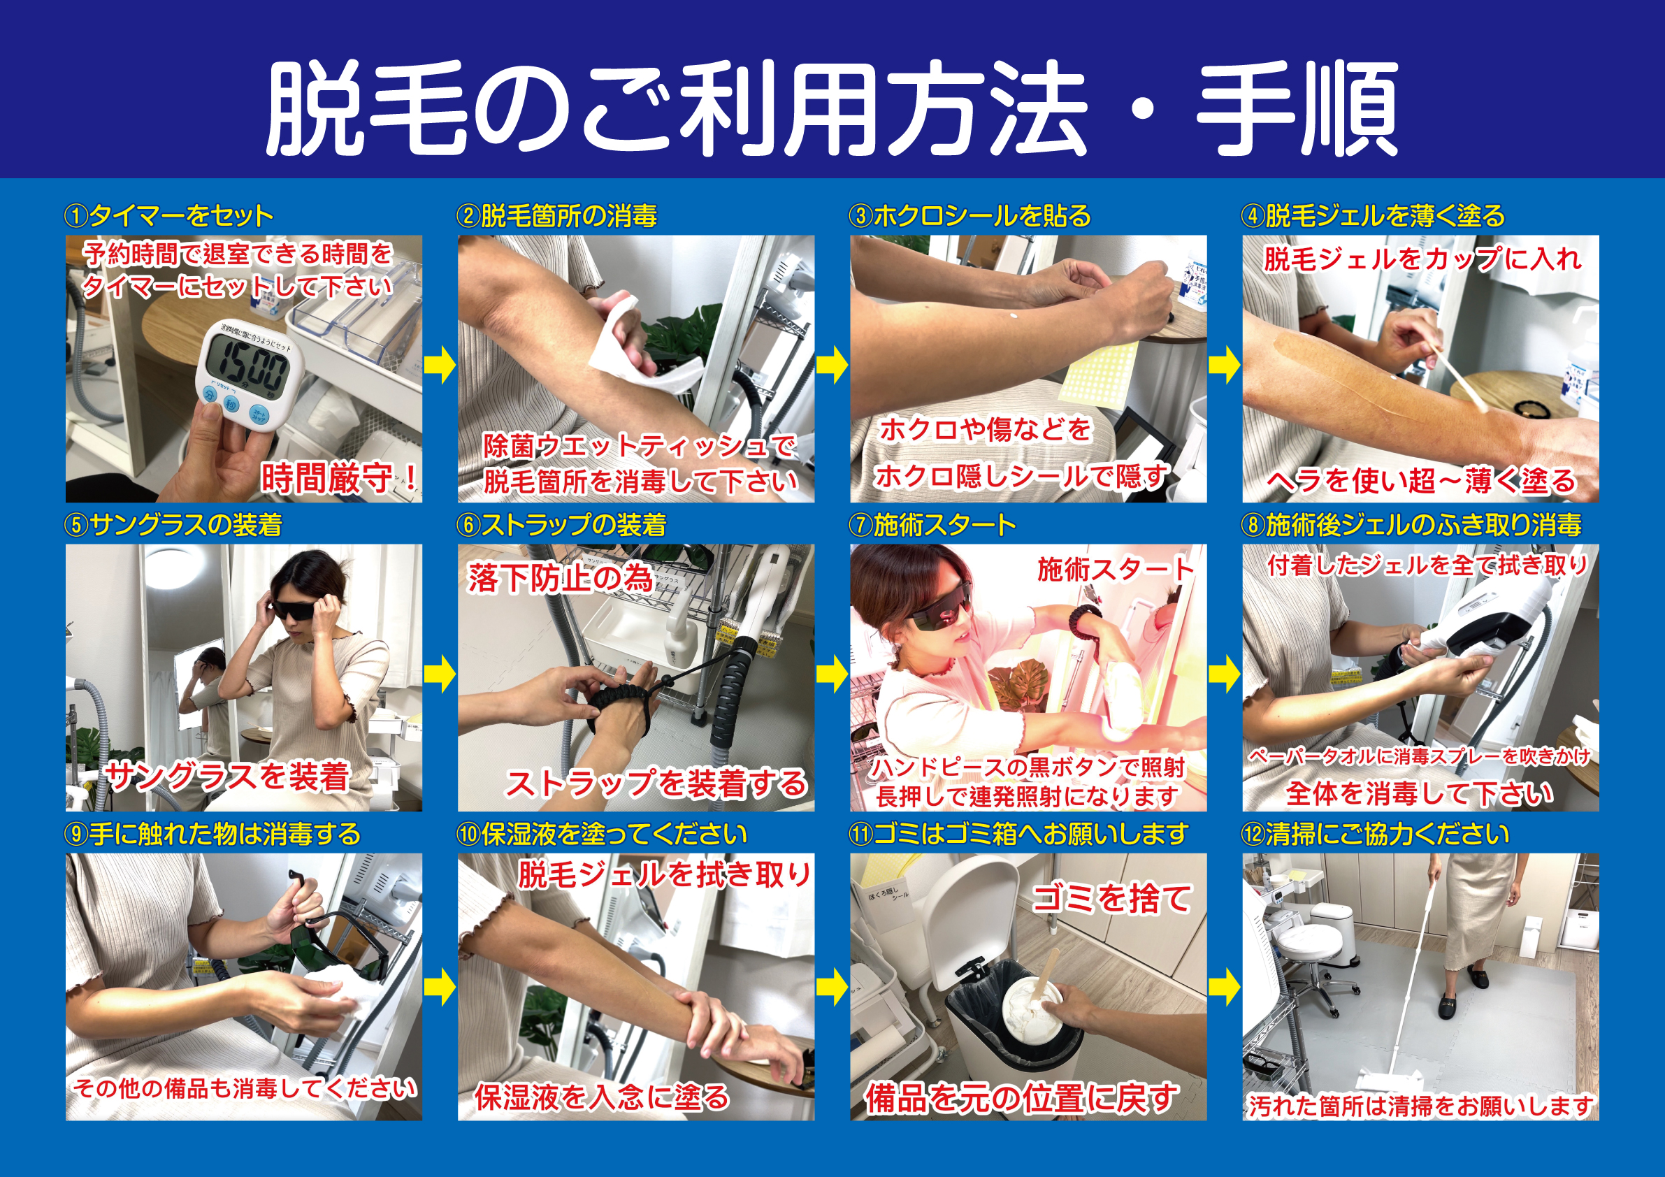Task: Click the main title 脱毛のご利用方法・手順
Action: (x=831, y=109)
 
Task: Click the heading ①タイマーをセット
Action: (x=169, y=215)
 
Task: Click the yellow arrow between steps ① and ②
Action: (x=440, y=366)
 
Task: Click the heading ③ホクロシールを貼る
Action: (x=970, y=215)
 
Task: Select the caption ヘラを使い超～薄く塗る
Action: (x=1421, y=481)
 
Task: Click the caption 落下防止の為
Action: (x=560, y=578)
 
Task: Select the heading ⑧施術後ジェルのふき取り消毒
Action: (x=1412, y=524)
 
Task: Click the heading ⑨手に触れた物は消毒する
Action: (x=212, y=834)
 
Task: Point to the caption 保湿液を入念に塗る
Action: (x=602, y=1097)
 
